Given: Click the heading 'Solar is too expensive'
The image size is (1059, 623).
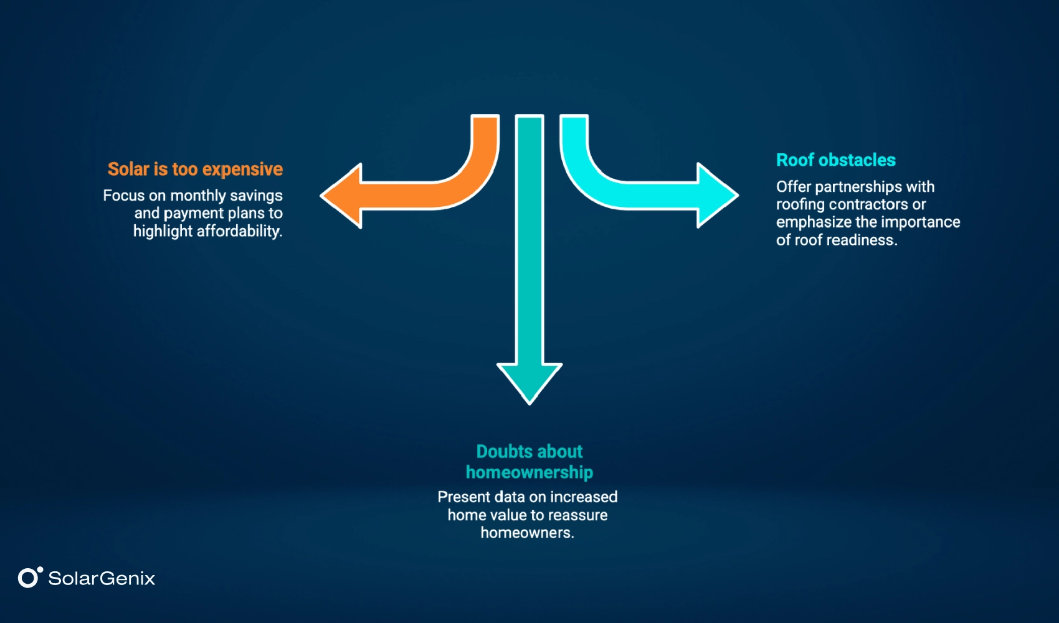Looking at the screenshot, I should tap(195, 169).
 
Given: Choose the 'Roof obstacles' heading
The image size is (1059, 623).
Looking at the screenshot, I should tap(835, 160).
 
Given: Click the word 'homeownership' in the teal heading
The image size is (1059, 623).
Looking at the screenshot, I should tap(529, 473).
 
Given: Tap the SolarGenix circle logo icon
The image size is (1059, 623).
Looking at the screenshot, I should tap(29, 578).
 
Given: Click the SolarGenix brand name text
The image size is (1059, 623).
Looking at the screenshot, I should tap(102, 579).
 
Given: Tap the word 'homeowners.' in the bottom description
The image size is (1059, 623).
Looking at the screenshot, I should tap(527, 533).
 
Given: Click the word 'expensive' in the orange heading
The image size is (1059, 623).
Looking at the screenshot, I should tap(242, 169).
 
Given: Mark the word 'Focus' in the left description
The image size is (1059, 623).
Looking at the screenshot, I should tap(124, 196).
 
